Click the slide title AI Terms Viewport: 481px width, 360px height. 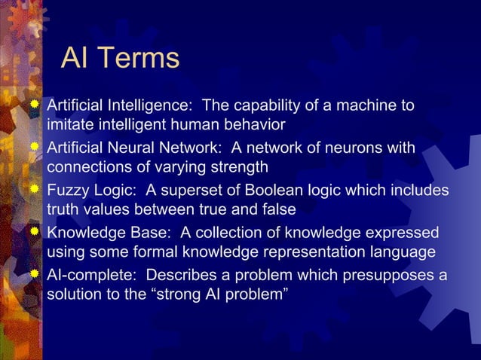point(120,59)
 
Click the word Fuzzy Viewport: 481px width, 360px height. point(69,190)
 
